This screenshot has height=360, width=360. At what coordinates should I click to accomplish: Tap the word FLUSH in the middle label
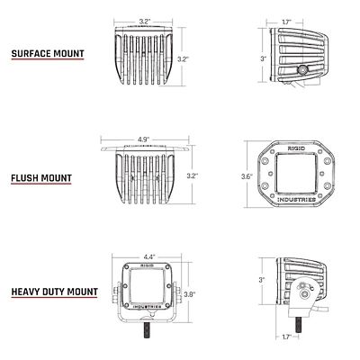pos(26,178)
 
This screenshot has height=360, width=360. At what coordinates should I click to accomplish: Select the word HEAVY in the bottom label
pos(26,292)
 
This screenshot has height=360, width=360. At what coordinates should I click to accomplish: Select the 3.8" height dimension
pos(189,294)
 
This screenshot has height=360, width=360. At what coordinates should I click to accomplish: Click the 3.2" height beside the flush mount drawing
pos(192,176)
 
